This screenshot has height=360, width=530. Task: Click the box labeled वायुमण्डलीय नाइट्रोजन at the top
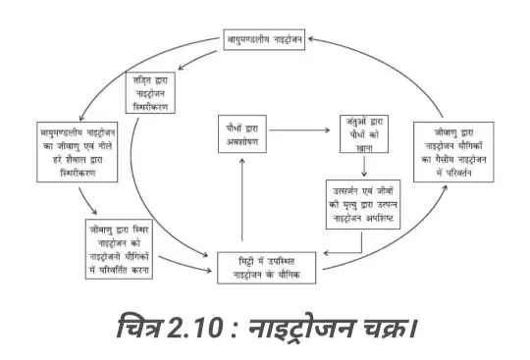pos(262,41)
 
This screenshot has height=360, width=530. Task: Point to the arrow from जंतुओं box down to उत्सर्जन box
pos(364,166)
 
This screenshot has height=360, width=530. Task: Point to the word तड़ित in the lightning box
pos(147,80)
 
